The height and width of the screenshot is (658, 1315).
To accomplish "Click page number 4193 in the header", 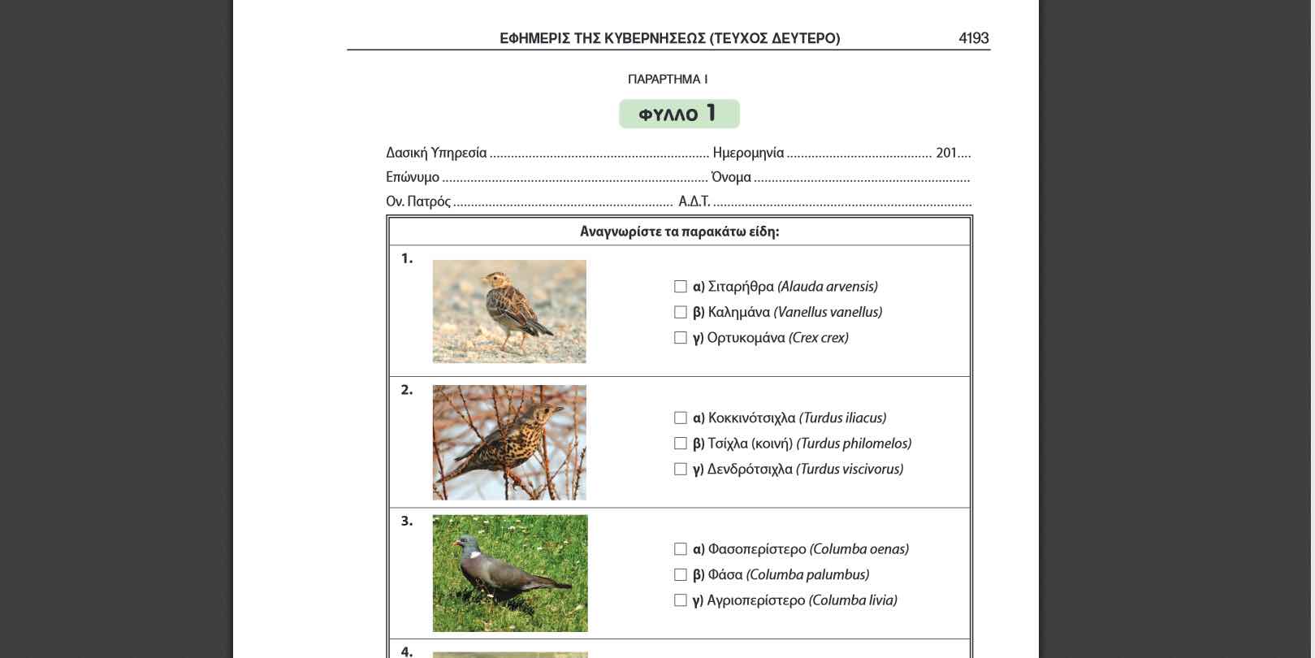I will (x=973, y=38).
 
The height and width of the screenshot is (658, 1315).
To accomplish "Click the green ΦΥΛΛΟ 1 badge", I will (x=679, y=114).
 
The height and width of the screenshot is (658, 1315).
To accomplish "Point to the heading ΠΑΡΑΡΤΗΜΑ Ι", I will (x=668, y=79).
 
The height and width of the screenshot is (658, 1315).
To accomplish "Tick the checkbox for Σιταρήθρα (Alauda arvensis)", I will (x=681, y=286).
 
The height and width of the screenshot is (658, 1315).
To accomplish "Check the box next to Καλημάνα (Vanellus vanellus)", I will (x=681, y=312).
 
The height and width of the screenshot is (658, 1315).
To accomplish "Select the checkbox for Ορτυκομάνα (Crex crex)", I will (x=681, y=338).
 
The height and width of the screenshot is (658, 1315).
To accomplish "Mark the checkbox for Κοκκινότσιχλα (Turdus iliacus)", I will (x=681, y=418).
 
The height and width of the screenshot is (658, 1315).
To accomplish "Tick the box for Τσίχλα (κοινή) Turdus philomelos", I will (x=681, y=444).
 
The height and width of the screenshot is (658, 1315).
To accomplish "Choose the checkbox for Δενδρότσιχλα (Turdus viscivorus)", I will (x=681, y=469).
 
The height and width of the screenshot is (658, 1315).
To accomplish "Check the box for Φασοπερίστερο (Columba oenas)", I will (x=681, y=549).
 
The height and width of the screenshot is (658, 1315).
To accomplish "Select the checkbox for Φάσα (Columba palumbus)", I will (x=681, y=574).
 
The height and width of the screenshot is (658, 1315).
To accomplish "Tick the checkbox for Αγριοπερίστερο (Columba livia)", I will (x=681, y=600).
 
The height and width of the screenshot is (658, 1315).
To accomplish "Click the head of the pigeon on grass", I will (x=466, y=543).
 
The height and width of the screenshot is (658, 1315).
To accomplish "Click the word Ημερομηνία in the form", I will (x=748, y=153).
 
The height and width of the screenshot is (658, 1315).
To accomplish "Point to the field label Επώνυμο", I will (x=413, y=177).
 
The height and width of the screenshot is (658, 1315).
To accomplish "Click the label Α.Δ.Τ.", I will (x=694, y=201).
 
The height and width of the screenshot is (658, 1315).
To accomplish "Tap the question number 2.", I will (x=407, y=390).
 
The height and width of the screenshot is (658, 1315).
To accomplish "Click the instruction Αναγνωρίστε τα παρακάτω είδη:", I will (x=679, y=232).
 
